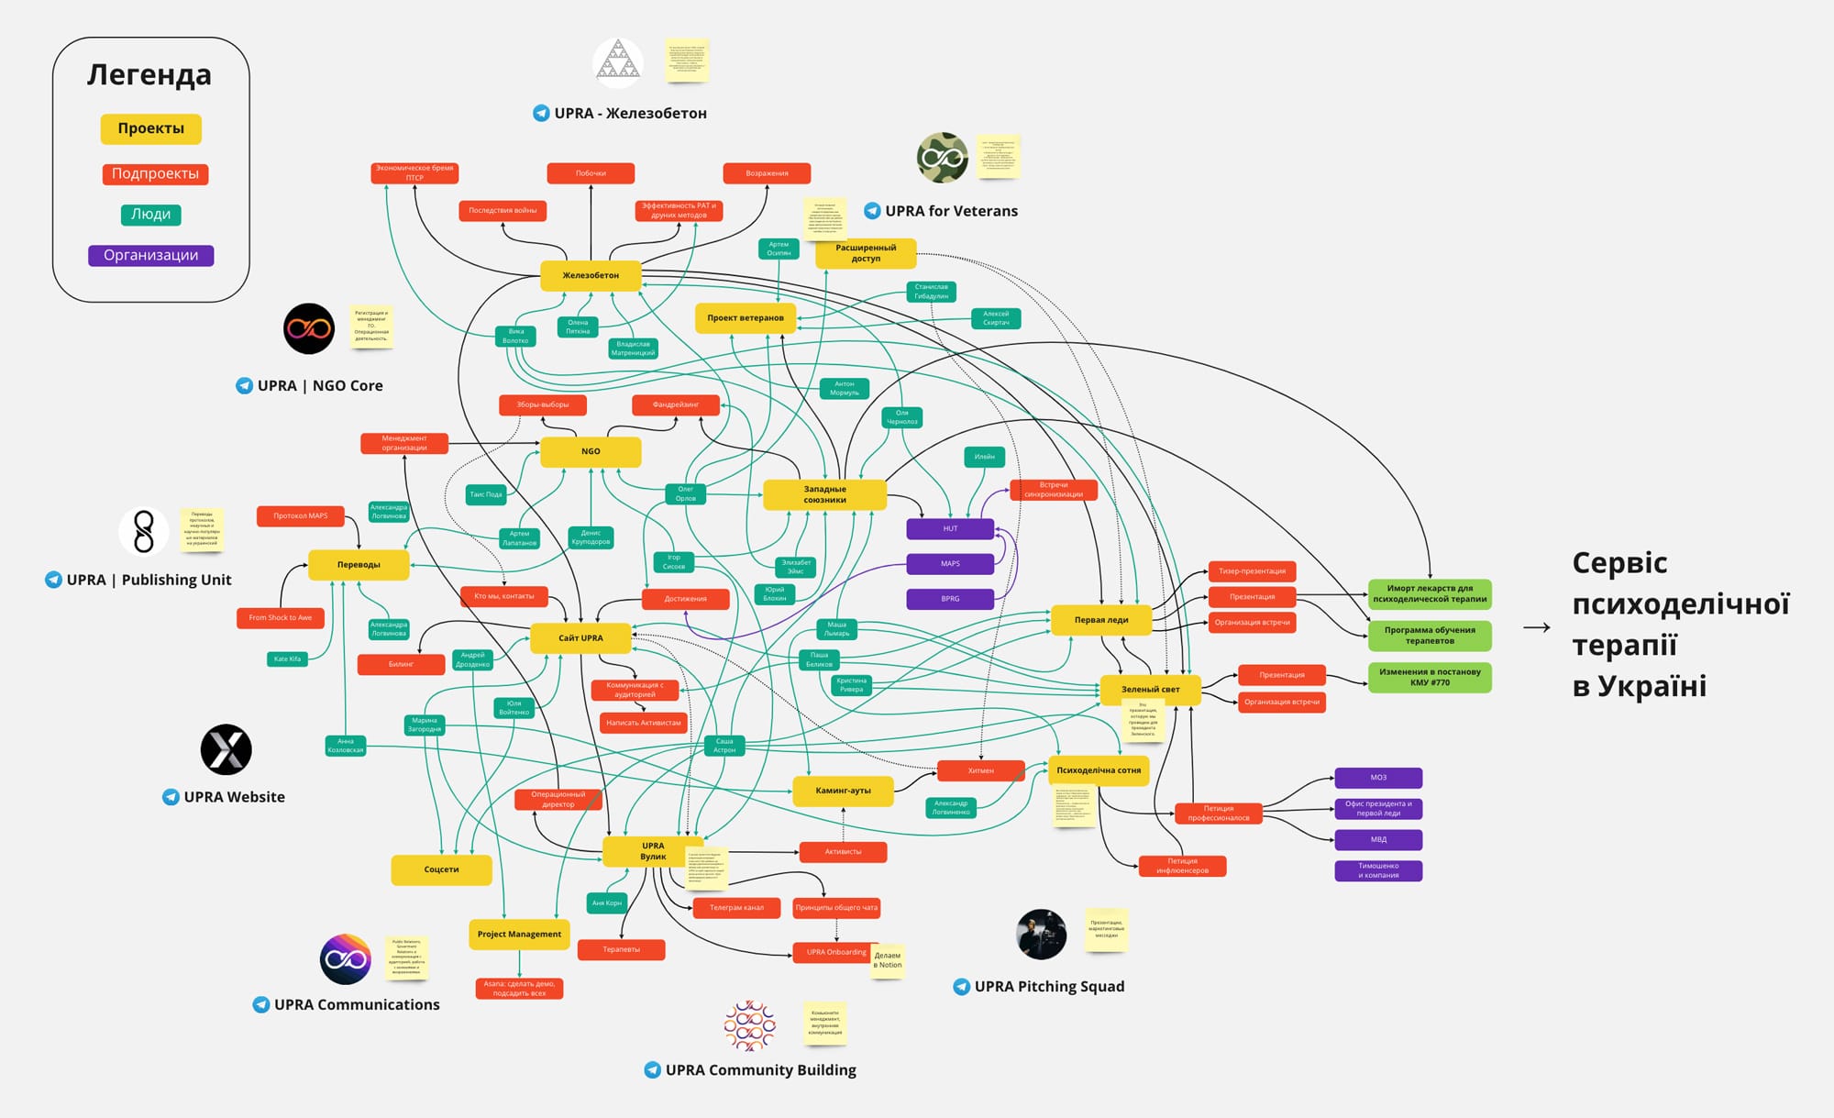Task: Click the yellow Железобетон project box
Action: (x=591, y=275)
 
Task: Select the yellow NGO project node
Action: (x=591, y=451)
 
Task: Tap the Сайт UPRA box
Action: (x=580, y=637)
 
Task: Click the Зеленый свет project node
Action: (x=1150, y=689)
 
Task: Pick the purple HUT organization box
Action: (x=950, y=528)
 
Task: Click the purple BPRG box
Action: (x=950, y=599)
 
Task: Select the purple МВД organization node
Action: (x=1378, y=839)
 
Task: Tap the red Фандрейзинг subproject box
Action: (x=676, y=404)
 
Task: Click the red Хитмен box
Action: (x=980, y=770)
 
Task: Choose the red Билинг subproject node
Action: (x=401, y=664)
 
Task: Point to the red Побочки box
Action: (x=591, y=173)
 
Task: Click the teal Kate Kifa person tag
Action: (x=287, y=659)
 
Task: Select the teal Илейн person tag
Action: (x=984, y=456)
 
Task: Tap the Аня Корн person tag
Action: (x=606, y=902)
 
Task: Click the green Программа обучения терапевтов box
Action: (x=1430, y=636)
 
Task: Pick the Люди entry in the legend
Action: (x=151, y=215)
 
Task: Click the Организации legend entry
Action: (x=151, y=255)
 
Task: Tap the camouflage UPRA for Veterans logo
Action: (x=943, y=158)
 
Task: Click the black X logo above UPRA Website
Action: (x=226, y=749)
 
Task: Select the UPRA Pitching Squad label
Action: (x=1048, y=986)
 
